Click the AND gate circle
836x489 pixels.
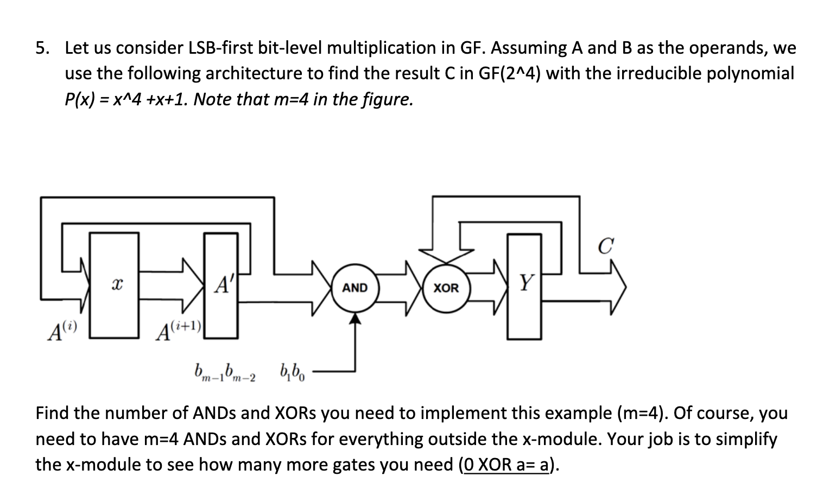point(355,288)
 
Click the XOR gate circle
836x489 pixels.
point(446,288)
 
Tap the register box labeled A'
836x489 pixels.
point(221,284)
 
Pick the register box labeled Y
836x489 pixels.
point(524,285)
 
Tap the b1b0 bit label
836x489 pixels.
point(293,372)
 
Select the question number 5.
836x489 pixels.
point(42,48)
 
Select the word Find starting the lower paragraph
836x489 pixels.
point(53,414)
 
